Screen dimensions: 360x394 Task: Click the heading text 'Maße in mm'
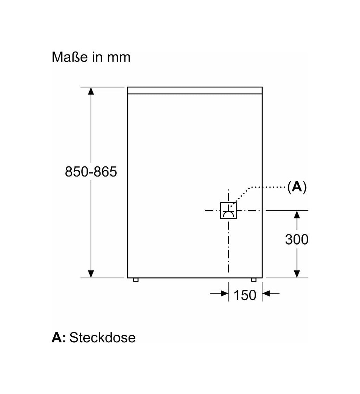click(x=91, y=57)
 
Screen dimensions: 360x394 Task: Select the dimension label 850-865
click(x=91, y=172)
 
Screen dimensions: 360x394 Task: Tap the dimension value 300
click(x=297, y=239)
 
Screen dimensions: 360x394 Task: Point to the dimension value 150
click(x=245, y=295)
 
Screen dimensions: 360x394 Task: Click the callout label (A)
click(x=297, y=187)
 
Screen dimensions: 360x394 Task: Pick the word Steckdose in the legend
click(x=102, y=337)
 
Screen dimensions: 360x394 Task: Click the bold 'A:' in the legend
click(x=59, y=337)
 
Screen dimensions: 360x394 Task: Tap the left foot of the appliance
click(x=136, y=280)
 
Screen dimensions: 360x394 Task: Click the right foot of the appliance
click(x=253, y=280)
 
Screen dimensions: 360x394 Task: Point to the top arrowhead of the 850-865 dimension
click(x=91, y=91)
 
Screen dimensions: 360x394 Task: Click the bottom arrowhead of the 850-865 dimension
click(x=91, y=274)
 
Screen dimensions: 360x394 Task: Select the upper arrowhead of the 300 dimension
click(x=297, y=215)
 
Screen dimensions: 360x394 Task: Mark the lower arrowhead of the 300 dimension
click(x=297, y=274)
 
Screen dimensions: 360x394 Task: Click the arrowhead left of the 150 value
click(x=224, y=293)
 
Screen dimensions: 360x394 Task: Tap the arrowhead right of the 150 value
click(x=266, y=293)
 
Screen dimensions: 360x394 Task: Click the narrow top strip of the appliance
click(x=195, y=91)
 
